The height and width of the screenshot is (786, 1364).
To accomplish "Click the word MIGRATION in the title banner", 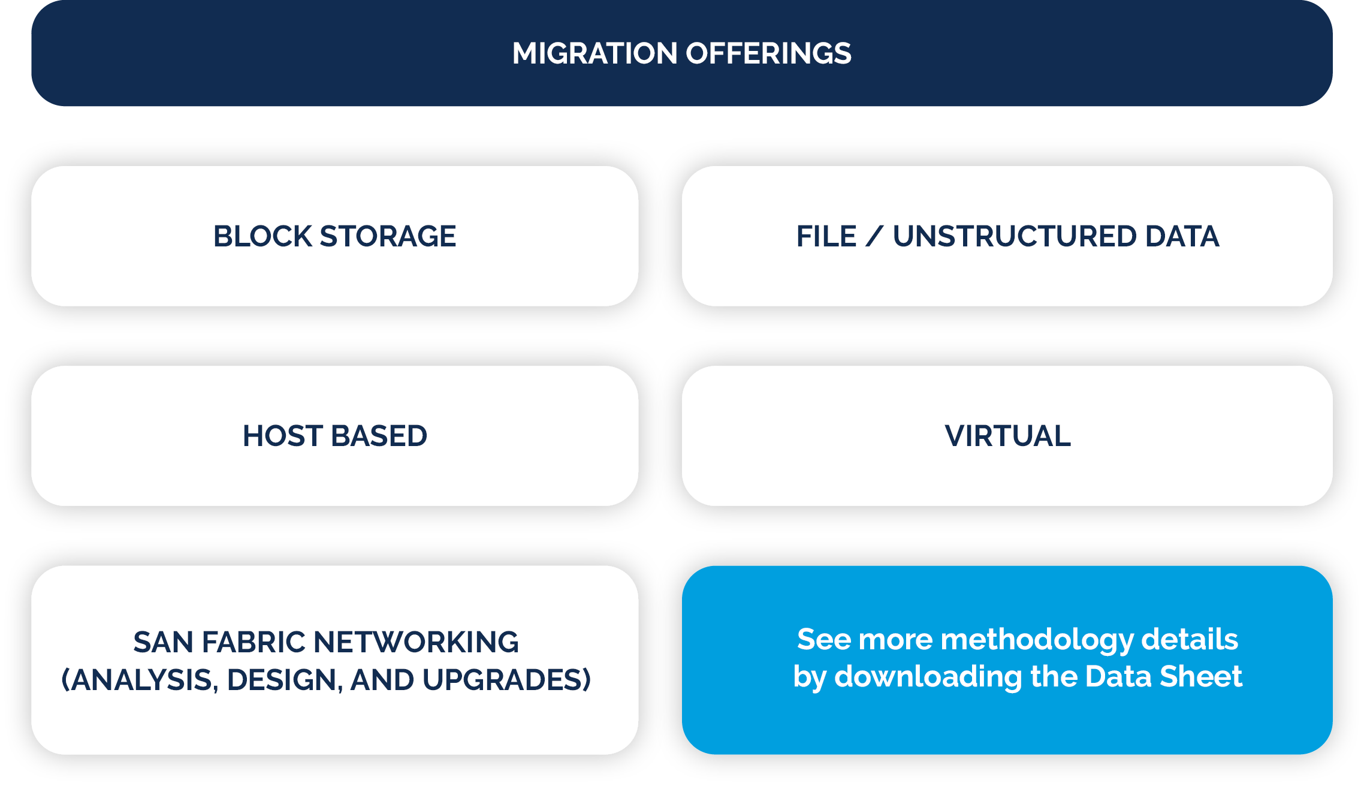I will pyautogui.click(x=595, y=53).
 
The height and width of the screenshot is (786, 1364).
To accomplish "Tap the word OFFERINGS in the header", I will pyautogui.click(x=768, y=53).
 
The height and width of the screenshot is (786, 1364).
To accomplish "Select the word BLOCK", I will pyautogui.click(x=262, y=236).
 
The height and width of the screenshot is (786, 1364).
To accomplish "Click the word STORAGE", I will pyautogui.click(x=388, y=236).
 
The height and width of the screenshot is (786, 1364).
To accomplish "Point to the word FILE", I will pyautogui.click(x=826, y=236).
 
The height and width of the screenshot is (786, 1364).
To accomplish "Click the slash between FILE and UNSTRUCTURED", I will pyautogui.click(x=874, y=236).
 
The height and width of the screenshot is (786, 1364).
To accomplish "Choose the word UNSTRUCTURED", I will pyautogui.click(x=1014, y=236).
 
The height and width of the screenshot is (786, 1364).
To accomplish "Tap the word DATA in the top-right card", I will pyautogui.click(x=1182, y=236).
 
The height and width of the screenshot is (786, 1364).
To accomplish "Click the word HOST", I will pyautogui.click(x=282, y=436).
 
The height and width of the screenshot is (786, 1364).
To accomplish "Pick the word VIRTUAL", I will pyautogui.click(x=1007, y=436).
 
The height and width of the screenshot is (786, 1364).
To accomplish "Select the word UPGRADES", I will pyautogui.click(x=506, y=680).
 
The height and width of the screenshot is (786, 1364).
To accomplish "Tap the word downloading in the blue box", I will pyautogui.click(x=928, y=677).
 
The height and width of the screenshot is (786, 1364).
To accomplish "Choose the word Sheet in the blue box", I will pyautogui.click(x=1200, y=677).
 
